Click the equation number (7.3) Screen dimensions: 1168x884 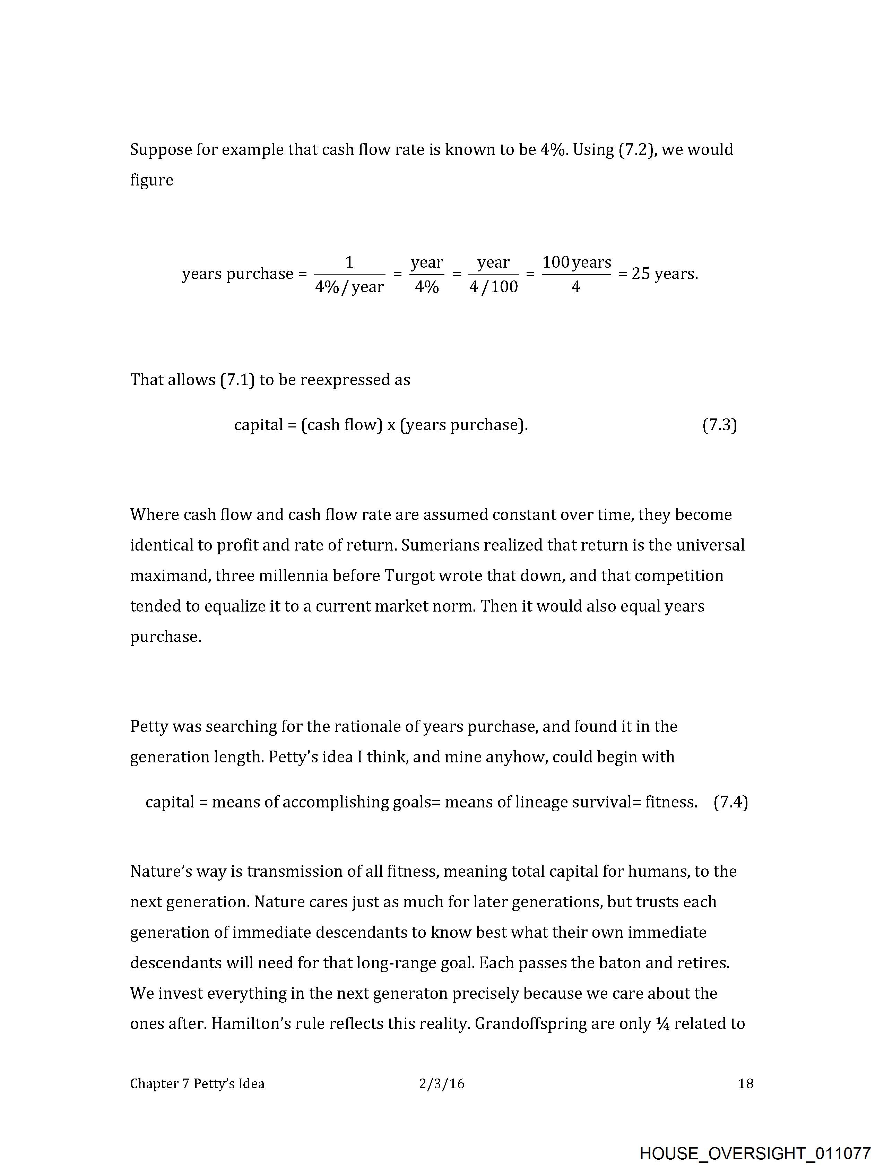[x=719, y=425]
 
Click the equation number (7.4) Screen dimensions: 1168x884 [x=730, y=802]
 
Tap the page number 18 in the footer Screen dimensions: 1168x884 [x=745, y=1083]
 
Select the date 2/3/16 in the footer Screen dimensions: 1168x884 [x=441, y=1083]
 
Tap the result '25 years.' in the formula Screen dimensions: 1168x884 [x=664, y=274]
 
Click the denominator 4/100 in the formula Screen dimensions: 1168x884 [x=493, y=287]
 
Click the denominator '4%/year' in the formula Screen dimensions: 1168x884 [x=349, y=287]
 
